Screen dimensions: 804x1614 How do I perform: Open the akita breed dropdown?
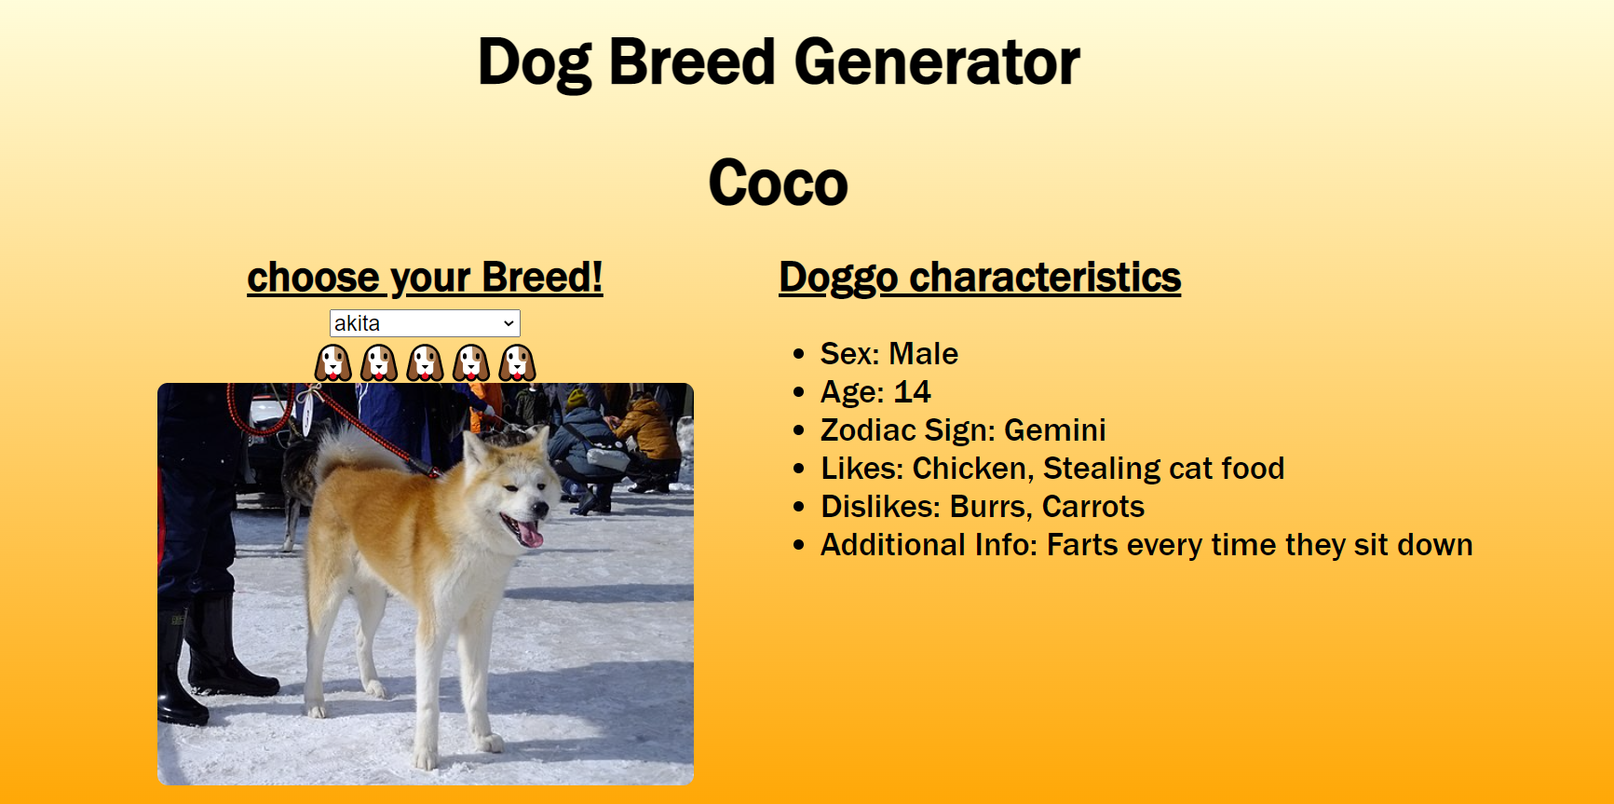tap(425, 323)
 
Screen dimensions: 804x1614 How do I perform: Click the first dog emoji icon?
tap(333, 362)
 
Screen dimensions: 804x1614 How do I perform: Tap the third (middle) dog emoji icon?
tap(425, 362)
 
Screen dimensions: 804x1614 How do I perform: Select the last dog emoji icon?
tap(517, 362)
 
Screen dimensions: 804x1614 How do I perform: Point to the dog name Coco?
tap(778, 183)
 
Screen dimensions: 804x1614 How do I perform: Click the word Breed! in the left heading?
tap(542, 278)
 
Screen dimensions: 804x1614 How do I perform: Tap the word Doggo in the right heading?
tap(838, 278)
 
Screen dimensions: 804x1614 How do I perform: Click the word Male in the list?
tap(923, 354)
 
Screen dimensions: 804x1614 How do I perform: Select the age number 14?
tap(912, 392)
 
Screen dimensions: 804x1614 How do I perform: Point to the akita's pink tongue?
tap(530, 534)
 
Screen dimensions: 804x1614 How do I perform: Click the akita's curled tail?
tap(346, 447)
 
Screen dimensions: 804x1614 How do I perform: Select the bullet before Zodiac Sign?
tap(798, 430)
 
